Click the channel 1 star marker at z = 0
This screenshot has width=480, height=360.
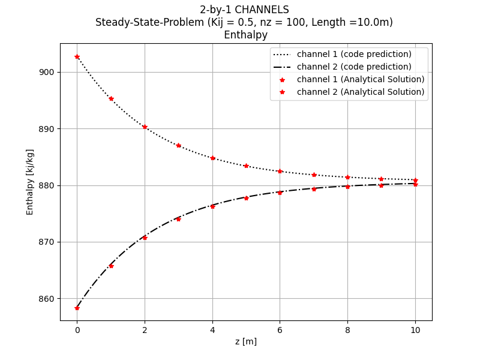(x=77, y=57)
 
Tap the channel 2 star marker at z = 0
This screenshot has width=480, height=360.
(x=77, y=308)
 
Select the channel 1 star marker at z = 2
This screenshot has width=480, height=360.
(x=145, y=127)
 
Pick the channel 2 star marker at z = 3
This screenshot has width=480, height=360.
(x=178, y=219)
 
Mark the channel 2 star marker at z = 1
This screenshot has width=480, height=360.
(x=111, y=266)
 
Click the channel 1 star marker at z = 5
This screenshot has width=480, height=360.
(x=246, y=166)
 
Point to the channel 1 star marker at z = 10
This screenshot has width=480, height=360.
(x=415, y=180)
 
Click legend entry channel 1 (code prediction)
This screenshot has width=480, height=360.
(x=354, y=54)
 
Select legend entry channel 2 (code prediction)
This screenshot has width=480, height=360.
(x=354, y=67)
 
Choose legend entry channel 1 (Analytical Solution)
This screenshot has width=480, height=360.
(x=360, y=79)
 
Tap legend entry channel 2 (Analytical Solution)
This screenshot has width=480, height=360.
(x=360, y=92)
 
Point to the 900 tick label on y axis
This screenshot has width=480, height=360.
(x=46, y=72)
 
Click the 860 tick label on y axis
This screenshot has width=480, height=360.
(x=46, y=299)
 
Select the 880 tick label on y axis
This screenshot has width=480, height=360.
(x=46, y=185)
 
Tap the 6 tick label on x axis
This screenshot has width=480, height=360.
(x=280, y=330)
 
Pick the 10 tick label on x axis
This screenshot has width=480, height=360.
(x=415, y=330)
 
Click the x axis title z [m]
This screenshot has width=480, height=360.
(x=245, y=341)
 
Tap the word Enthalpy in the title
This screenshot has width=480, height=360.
(x=245, y=35)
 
